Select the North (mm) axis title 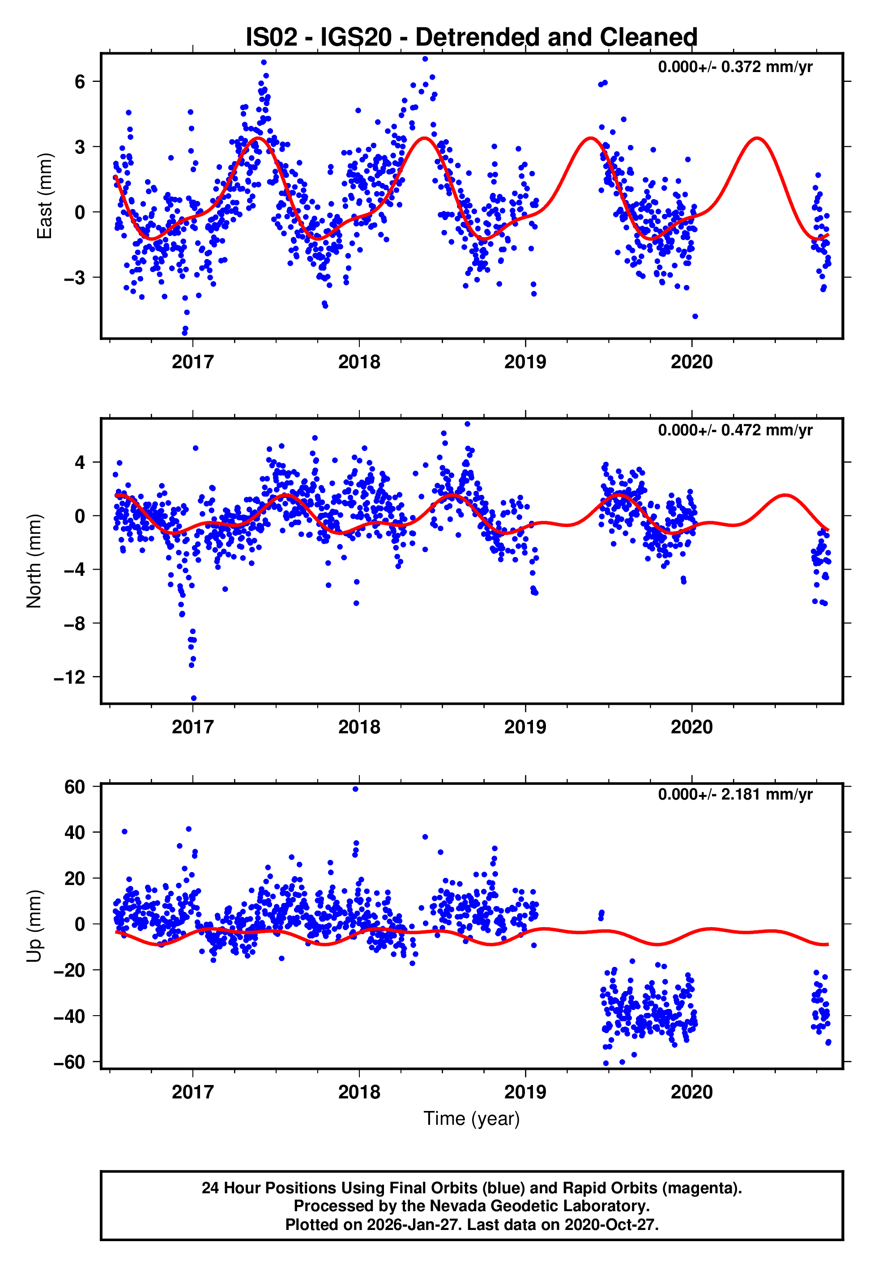34,561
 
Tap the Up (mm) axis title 34,926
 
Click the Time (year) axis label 472,1119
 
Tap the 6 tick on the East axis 80,82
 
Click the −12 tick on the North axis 69,677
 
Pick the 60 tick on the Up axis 75,787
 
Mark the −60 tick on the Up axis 69,1062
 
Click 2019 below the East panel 525,362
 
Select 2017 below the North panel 192,727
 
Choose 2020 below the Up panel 691,1092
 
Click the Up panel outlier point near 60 355,789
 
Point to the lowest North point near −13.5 194,698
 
